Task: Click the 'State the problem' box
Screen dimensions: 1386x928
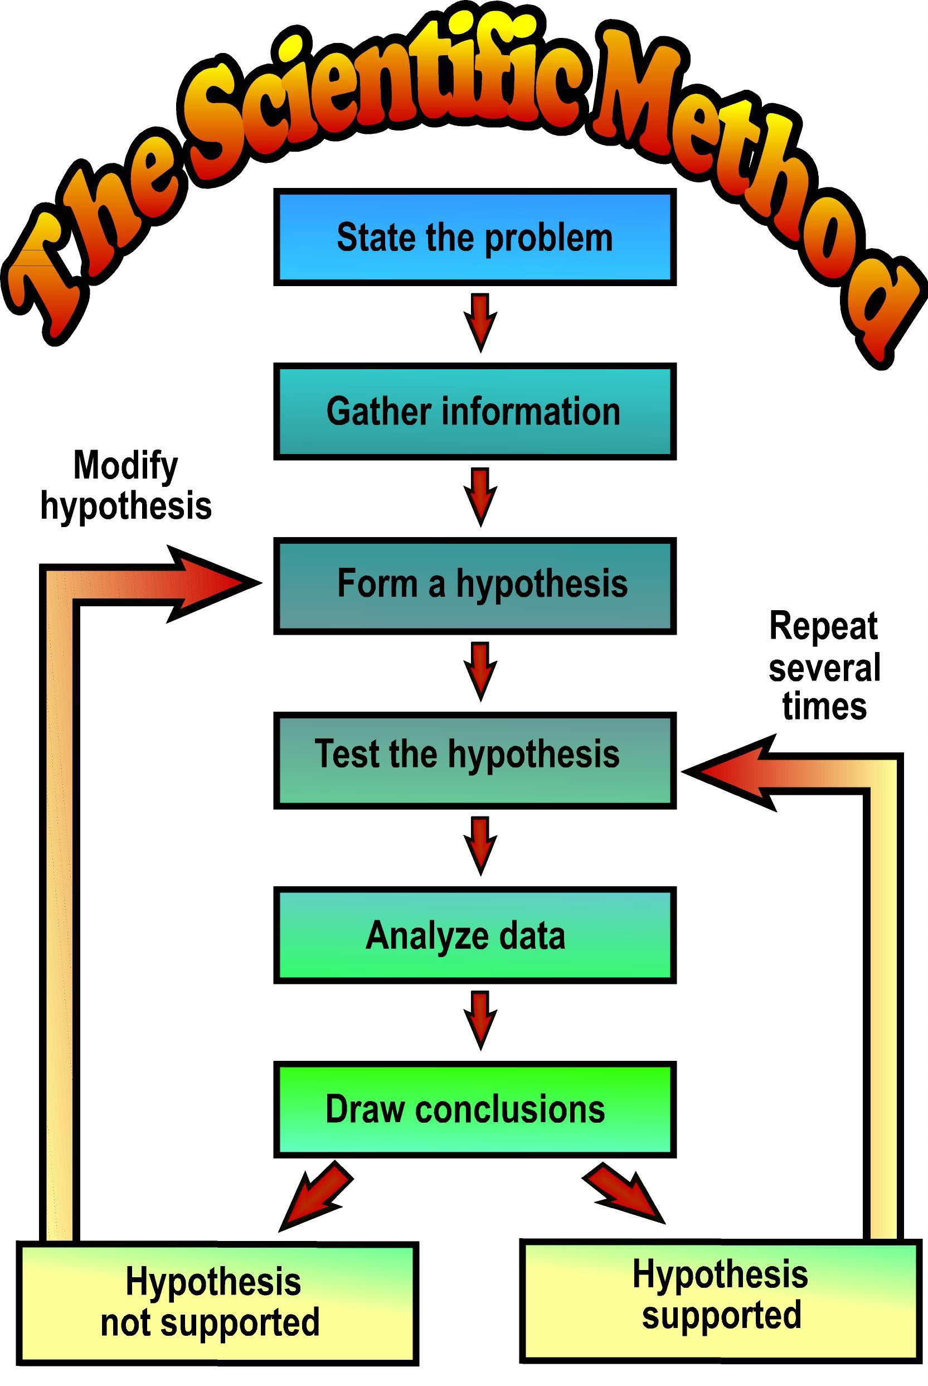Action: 475,237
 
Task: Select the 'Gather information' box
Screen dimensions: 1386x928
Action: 475,411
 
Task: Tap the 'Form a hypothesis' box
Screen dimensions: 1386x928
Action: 475,585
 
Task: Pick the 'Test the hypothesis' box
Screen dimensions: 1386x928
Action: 475,760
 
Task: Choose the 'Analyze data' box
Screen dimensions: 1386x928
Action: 475,935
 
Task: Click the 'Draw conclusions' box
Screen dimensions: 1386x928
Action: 475,1109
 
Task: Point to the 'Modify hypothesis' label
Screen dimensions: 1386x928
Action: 126,486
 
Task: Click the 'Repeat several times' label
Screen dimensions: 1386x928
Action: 824,666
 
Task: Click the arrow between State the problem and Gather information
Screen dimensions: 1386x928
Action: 480,321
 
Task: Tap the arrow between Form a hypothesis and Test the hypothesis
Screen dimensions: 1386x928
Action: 480,670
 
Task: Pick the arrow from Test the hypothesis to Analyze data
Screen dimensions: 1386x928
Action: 480,844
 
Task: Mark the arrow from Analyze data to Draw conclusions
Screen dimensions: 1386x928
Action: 480,1019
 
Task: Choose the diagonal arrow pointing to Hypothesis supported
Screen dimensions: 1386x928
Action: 626,1194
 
